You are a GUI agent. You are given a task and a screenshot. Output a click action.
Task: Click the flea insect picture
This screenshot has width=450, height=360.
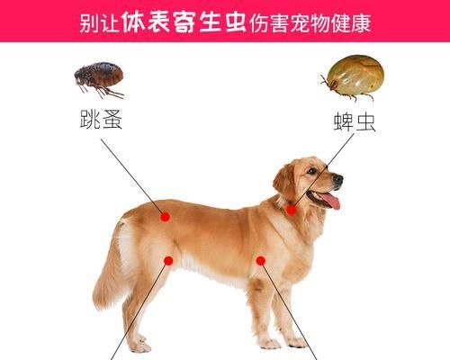98,78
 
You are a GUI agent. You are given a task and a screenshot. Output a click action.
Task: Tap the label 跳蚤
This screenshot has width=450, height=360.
100,120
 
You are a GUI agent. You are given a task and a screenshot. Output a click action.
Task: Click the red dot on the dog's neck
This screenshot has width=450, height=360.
291,209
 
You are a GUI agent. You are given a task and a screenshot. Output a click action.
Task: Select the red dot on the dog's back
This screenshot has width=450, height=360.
165,216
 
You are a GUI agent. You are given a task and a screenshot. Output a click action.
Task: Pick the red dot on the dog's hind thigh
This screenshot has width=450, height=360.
168,261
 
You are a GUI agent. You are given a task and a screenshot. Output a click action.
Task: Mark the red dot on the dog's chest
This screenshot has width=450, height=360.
260,261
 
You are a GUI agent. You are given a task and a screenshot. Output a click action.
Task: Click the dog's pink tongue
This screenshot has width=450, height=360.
332,200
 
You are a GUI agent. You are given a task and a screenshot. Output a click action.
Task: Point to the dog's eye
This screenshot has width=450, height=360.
311,171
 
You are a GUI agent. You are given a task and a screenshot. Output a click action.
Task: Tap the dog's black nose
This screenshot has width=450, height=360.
338,179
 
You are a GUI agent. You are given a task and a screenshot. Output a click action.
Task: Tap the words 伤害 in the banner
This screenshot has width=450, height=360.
269,22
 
